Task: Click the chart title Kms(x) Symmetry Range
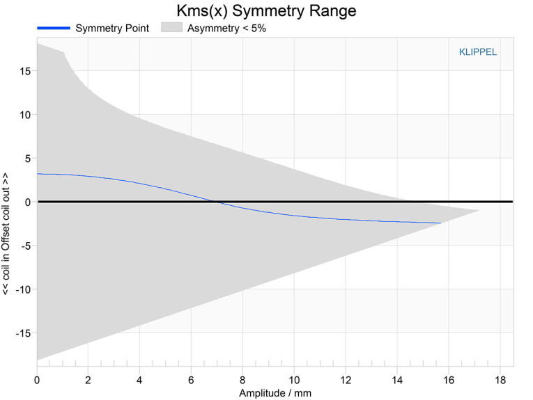pos(266,10)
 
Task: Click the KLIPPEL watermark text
pos(478,51)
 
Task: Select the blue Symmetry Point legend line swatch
pos(53,28)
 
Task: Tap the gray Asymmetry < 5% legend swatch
pos(172,28)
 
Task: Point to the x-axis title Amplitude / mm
pos(275,393)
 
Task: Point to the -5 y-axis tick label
pos(23,246)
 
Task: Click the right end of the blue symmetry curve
pos(441,223)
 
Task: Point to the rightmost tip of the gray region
pos(479,210)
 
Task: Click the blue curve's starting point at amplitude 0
pos(38,174)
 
